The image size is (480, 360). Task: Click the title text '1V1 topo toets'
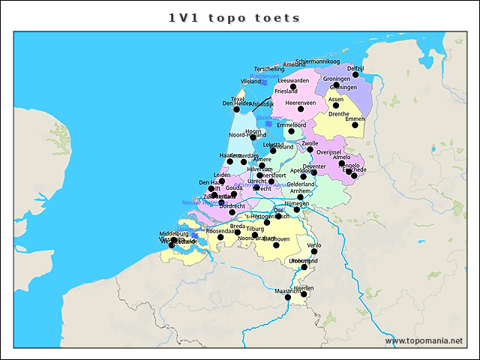coord(235,17)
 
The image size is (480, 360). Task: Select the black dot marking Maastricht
coord(288,298)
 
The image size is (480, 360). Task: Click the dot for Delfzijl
coord(355,75)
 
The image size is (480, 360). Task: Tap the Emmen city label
coord(355,118)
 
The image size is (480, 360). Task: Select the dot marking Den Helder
coord(236,109)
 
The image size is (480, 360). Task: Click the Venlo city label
coord(314,245)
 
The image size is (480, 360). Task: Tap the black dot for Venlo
coord(313,252)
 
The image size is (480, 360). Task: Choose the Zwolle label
coord(309,142)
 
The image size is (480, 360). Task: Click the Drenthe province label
coord(339,114)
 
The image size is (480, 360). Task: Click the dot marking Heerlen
coord(304,294)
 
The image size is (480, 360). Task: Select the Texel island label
coord(238,98)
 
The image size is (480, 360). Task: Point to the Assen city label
coord(336,98)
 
